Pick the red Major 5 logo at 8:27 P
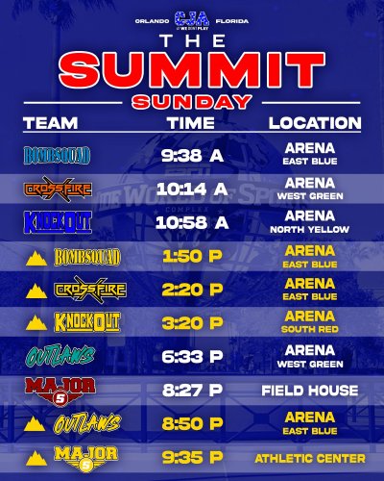59,391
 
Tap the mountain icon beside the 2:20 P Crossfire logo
38,291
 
